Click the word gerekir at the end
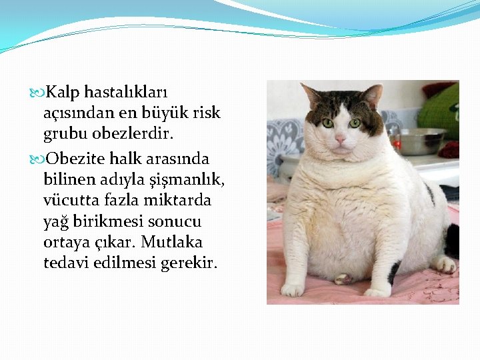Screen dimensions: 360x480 pyautogui.click(x=189, y=263)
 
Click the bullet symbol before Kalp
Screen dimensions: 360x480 pyautogui.click(x=43, y=91)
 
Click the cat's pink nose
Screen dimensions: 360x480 pyautogui.click(x=340, y=138)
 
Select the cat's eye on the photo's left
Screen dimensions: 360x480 pyautogui.click(x=327, y=123)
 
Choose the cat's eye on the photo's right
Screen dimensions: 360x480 pyautogui.click(x=355, y=123)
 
